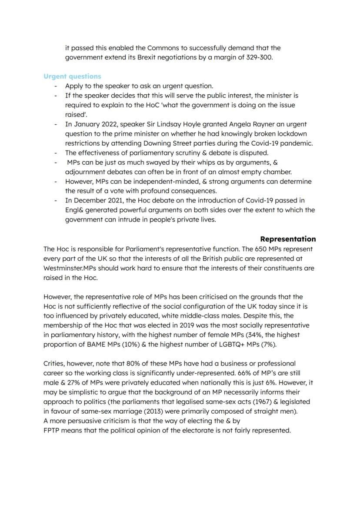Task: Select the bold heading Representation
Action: [x=288, y=239]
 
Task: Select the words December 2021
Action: [x=94, y=200]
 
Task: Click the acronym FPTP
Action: [x=53, y=430]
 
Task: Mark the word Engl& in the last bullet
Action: [x=74, y=210]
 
